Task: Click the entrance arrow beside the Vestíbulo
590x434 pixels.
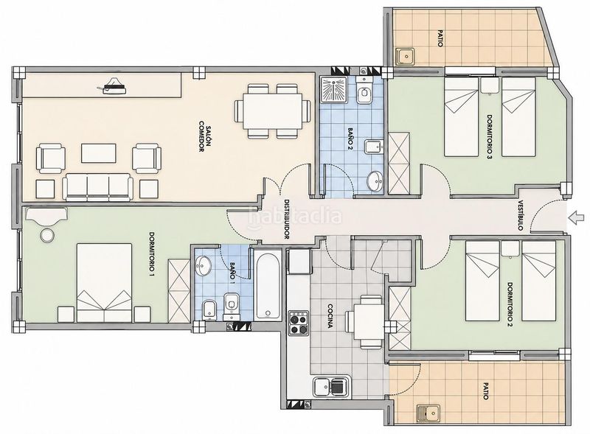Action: click(577, 217)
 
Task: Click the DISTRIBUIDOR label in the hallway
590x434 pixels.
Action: click(287, 220)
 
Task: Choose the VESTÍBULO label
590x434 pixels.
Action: click(521, 215)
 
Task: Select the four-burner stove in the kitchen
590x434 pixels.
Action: click(299, 323)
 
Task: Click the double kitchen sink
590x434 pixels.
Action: click(331, 387)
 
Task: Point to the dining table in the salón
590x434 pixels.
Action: click(273, 111)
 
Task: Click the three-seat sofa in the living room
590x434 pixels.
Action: click(97, 187)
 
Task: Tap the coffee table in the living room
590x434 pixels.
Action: click(99, 153)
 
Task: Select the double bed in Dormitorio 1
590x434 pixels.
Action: click(104, 283)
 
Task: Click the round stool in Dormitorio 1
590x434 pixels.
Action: click(47, 235)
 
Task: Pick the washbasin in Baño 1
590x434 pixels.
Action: click(204, 266)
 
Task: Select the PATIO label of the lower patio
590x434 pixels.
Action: click(486, 391)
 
